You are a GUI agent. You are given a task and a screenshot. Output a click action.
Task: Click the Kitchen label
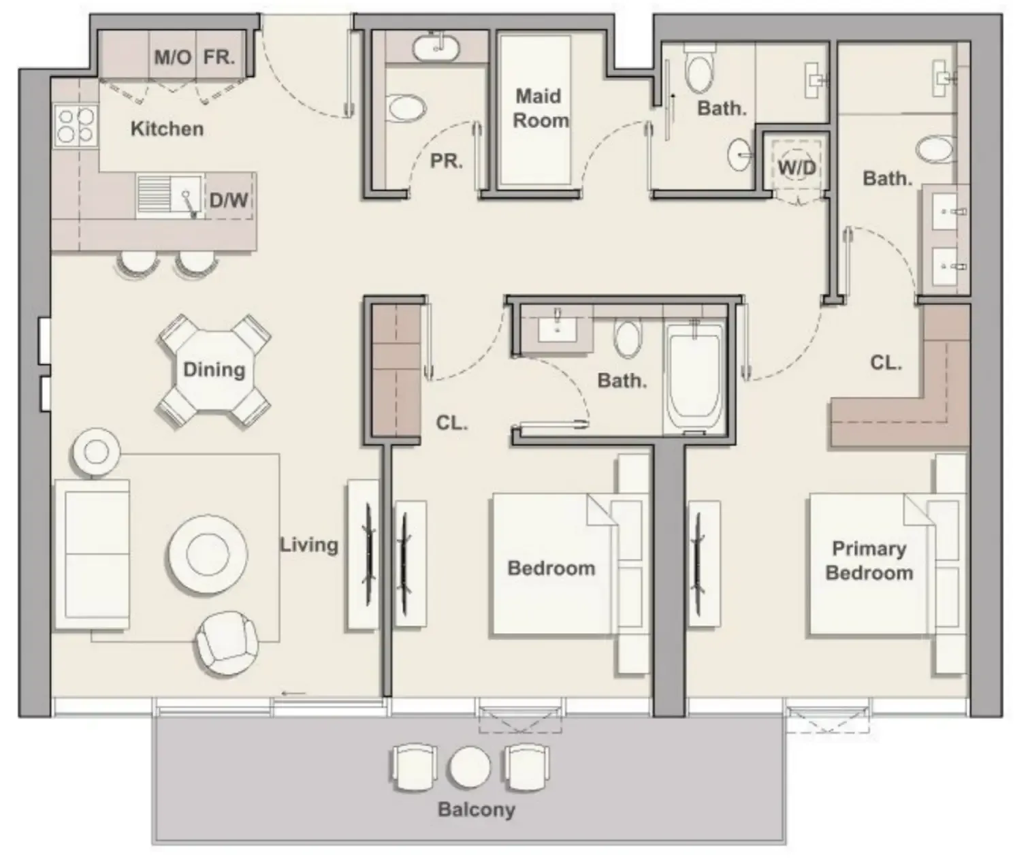pyautogui.click(x=167, y=129)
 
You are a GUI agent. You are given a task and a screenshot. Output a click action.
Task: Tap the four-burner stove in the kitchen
pyautogui.click(x=76, y=125)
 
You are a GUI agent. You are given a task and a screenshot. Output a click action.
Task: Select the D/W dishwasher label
pyautogui.click(x=229, y=200)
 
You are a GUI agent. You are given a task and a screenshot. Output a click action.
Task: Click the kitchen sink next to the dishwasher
pyautogui.click(x=170, y=196)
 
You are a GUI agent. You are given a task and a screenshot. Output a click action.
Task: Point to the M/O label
pyautogui.click(x=172, y=57)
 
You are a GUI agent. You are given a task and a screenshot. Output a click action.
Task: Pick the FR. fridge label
pyautogui.click(x=219, y=57)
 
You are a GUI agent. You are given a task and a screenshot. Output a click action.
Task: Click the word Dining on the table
pyautogui.click(x=214, y=370)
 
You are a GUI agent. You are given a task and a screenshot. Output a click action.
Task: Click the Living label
pyautogui.click(x=309, y=545)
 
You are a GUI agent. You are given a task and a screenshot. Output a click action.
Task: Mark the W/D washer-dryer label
pyautogui.click(x=797, y=167)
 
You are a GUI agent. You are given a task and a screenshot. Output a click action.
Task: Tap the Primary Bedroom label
pyautogui.click(x=869, y=560)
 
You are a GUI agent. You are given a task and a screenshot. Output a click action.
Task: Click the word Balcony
pyautogui.click(x=476, y=809)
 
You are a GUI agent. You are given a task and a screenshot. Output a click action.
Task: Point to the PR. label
pyautogui.click(x=446, y=161)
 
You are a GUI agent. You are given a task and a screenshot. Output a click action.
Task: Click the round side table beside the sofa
pyautogui.click(x=96, y=451)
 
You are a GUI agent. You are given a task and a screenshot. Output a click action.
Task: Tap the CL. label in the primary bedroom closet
pyautogui.click(x=886, y=363)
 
